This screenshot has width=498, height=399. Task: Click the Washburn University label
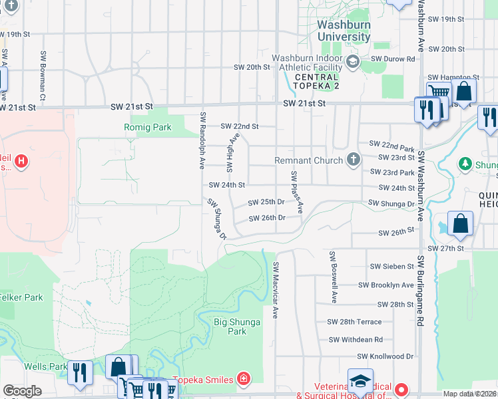point(344,31)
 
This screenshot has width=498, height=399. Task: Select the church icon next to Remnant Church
point(353,160)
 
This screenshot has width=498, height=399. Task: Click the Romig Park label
point(143,126)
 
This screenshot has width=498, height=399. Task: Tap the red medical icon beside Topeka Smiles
point(244,380)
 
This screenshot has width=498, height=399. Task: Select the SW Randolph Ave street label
point(201,140)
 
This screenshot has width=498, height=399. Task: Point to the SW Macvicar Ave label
point(276,289)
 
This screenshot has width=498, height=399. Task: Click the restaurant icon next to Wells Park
point(80,373)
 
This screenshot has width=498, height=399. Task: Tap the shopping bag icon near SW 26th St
point(460,225)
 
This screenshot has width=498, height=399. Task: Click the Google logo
point(22,391)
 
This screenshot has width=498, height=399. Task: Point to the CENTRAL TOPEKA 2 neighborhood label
point(317,82)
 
